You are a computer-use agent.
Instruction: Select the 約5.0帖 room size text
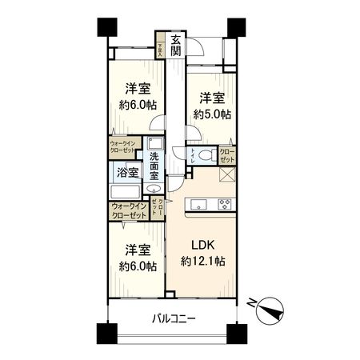point(213,114)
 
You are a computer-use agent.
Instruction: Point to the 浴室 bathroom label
point(126,171)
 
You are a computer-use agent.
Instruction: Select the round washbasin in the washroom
point(152,190)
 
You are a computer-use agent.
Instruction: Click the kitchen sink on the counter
point(196,206)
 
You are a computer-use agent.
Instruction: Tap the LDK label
point(199,244)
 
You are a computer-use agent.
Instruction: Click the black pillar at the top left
point(102,26)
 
